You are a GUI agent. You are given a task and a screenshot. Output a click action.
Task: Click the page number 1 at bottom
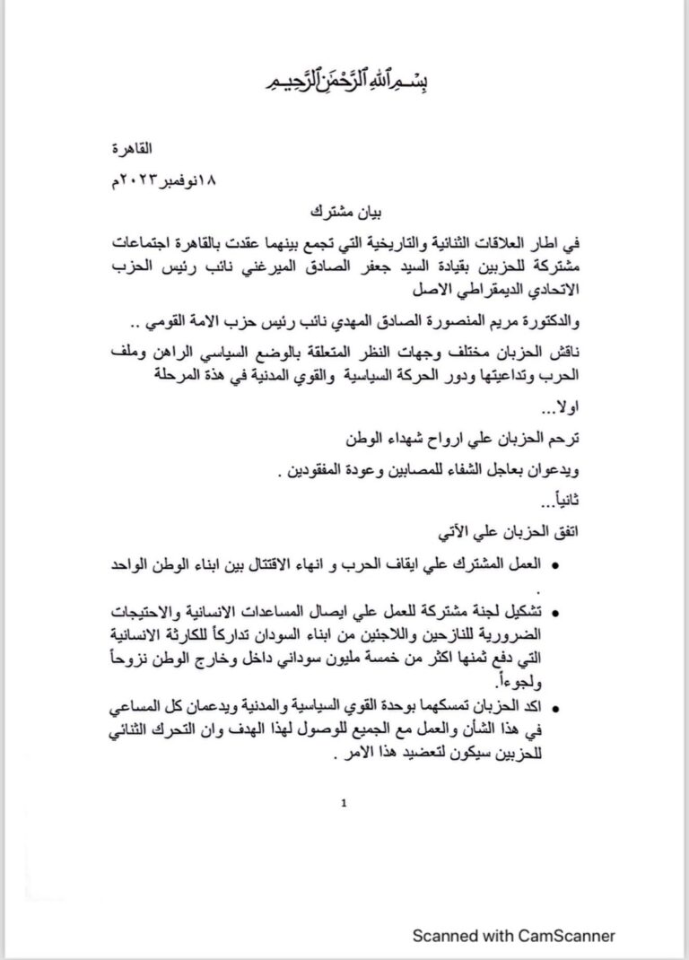[x=344, y=805]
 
